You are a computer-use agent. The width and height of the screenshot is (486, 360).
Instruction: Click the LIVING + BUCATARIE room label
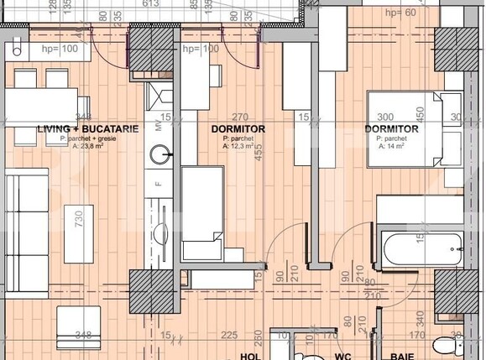(x=82, y=129)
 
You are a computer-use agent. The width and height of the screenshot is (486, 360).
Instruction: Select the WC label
(x=342, y=356)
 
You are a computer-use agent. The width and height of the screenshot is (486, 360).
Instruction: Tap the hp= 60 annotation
(x=400, y=12)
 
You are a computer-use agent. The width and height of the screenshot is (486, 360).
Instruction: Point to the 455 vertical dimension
(x=260, y=151)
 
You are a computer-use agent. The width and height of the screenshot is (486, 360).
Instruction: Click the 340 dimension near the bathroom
(x=419, y=321)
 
